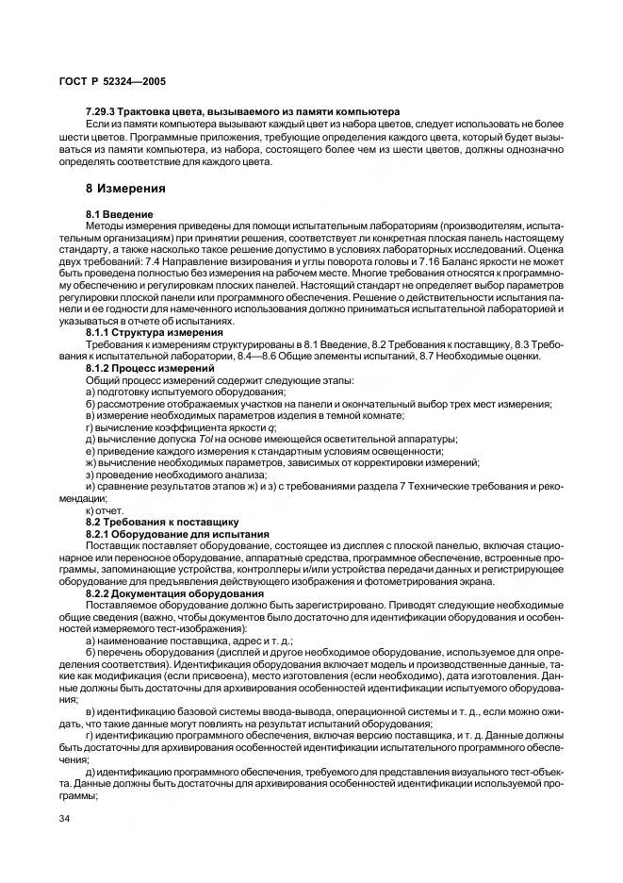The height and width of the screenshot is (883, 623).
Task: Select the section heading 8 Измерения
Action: click(x=125, y=188)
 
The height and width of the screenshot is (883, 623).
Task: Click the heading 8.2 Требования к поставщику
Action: click(x=162, y=522)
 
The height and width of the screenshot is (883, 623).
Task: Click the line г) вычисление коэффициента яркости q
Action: click(x=178, y=426)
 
